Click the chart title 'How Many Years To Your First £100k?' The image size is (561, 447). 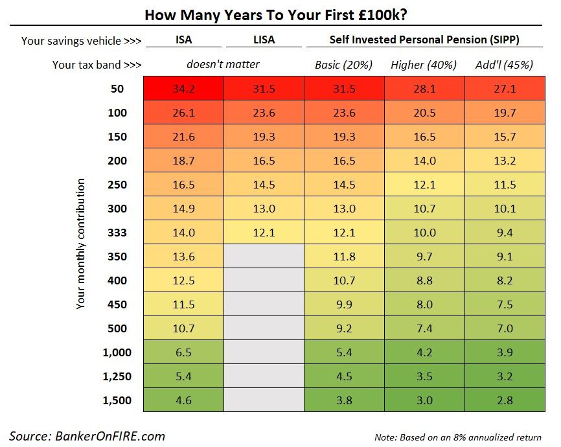[280, 14]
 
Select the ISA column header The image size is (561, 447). [184, 40]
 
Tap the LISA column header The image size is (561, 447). [264, 40]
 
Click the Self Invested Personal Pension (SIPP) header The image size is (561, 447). [424, 40]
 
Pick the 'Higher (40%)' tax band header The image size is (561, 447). [424, 65]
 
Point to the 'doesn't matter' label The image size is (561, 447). [223, 64]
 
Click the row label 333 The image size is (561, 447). [117, 233]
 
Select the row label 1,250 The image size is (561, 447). [117, 376]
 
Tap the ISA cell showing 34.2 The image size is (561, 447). [184, 89]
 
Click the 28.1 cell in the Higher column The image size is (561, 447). [424, 89]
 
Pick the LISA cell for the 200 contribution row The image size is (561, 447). [264, 161]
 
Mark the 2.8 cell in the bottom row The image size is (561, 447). [505, 400]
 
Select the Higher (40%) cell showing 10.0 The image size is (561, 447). [424, 233]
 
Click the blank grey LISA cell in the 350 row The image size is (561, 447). [264, 257]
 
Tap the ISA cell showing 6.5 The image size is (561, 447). [184, 352]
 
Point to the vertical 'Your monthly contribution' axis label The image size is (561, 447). [81, 244]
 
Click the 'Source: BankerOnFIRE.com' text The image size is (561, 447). [87, 435]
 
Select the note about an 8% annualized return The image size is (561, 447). [458, 437]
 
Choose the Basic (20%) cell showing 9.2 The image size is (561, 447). [344, 328]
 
